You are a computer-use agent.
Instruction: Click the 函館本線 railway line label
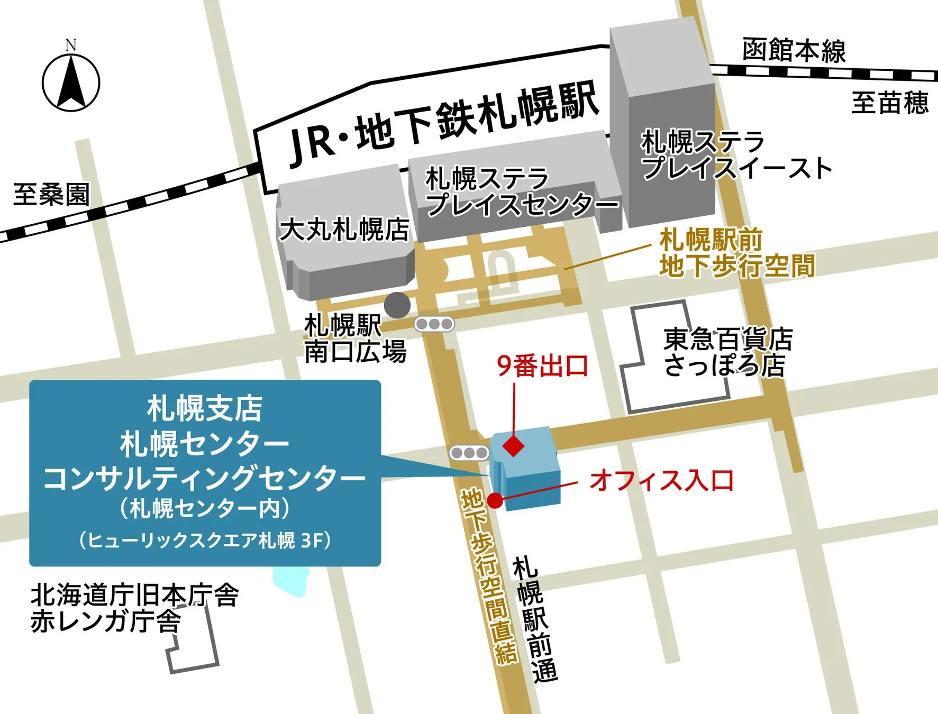point(794,51)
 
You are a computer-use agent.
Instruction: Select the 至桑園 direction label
point(51,194)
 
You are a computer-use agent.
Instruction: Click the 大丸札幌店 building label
point(344,230)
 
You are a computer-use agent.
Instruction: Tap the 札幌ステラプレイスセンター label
point(521,191)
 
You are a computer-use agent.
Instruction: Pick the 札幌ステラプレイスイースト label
point(735,155)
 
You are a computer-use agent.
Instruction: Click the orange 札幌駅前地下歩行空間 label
point(737,253)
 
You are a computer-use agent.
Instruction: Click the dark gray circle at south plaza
point(397,305)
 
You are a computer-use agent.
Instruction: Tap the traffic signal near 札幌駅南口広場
point(434,324)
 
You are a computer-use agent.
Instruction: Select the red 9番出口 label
point(543,365)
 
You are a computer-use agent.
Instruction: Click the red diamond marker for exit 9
point(513,445)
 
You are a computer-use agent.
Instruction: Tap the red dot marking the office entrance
point(495,500)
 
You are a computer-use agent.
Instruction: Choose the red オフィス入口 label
point(662,480)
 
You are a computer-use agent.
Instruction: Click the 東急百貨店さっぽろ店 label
point(728,352)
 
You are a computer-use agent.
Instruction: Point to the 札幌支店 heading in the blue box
point(205,408)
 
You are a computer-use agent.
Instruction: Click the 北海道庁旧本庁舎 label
point(135,596)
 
